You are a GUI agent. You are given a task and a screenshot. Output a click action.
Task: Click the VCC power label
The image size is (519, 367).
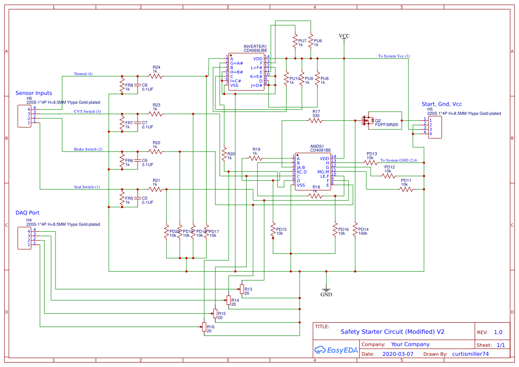(x=344, y=36)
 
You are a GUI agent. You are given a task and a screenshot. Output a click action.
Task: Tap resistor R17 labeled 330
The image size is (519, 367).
(x=316, y=120)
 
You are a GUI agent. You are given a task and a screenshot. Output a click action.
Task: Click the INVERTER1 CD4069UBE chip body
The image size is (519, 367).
(x=246, y=72)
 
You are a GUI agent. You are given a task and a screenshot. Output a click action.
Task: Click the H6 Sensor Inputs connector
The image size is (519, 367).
(x=24, y=115)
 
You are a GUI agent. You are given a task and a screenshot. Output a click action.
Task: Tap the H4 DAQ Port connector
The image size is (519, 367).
(x=24, y=238)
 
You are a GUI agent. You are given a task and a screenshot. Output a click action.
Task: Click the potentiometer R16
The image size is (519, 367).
(x=204, y=327)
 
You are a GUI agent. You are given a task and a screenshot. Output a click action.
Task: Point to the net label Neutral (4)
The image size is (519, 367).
(x=83, y=74)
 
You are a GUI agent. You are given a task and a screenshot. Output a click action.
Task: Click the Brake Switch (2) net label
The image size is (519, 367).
(x=88, y=150)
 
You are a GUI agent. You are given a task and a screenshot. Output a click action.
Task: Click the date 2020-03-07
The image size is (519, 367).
(x=398, y=354)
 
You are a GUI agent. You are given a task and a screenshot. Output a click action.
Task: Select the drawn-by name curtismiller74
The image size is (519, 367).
(x=470, y=354)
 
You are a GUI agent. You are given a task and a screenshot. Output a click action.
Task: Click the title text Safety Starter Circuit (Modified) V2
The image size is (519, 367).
(x=392, y=331)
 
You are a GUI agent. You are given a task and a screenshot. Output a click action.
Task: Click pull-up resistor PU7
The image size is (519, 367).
(x=294, y=41)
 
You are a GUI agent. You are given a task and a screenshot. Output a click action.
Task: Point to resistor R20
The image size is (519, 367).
(x=224, y=154)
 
